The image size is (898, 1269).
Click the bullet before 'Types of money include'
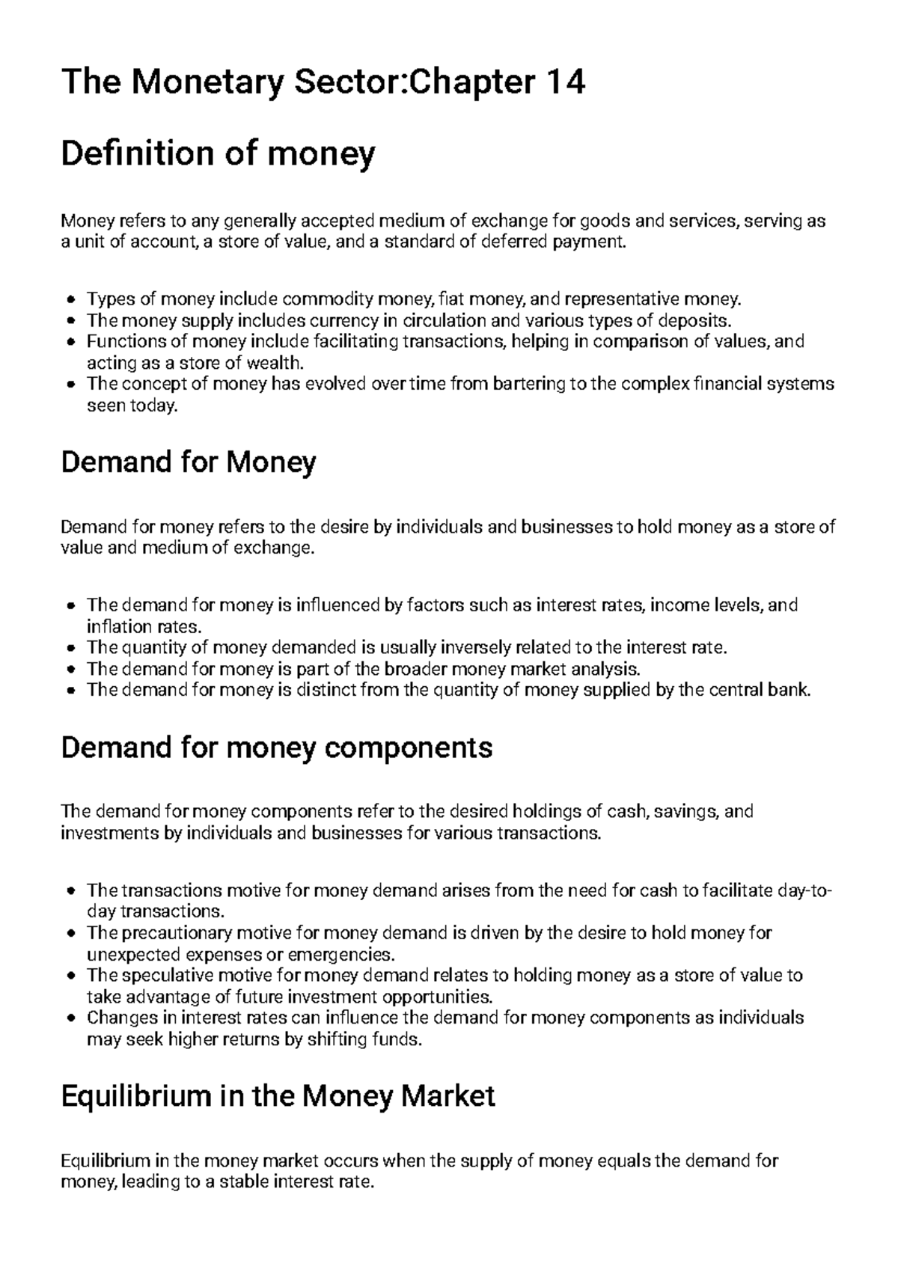(x=70, y=301)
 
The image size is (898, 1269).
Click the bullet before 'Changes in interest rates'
(x=70, y=1018)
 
